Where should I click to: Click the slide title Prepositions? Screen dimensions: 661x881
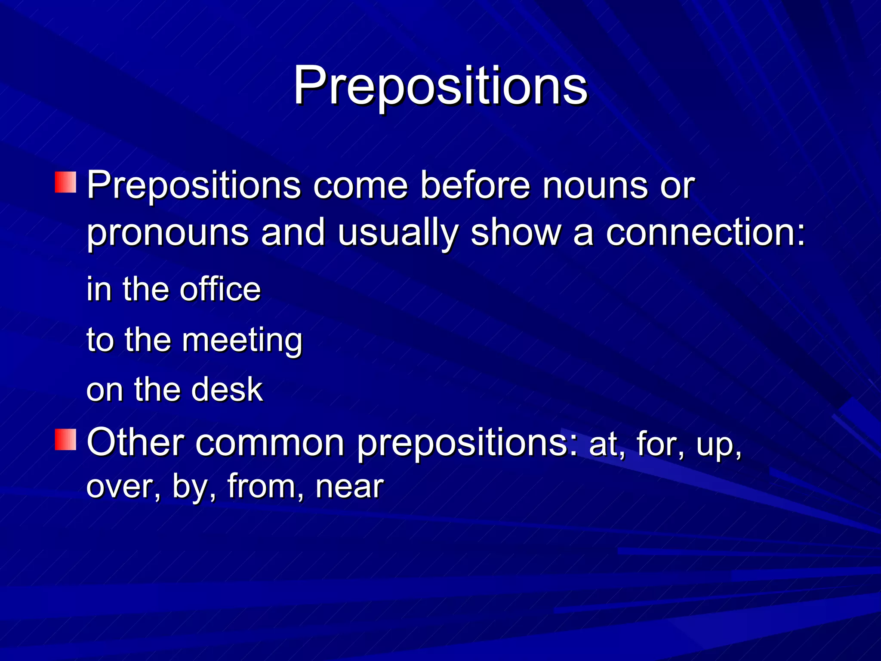tap(440, 86)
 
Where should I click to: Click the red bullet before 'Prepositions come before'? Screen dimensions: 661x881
tap(65, 182)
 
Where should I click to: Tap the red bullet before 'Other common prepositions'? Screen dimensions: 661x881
tap(65, 440)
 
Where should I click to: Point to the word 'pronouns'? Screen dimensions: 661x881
tap(168, 233)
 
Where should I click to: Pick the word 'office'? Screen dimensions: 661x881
tap(220, 289)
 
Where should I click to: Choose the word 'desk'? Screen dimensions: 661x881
tap(227, 390)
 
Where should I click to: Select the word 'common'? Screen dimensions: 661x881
tap(270, 443)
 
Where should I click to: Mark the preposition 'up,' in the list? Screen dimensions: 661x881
tap(719, 446)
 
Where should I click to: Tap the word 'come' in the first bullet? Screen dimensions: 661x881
tap(360, 186)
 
